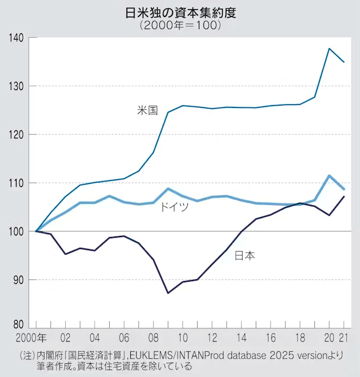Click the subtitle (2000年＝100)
point(180,26)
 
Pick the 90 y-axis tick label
point(18,280)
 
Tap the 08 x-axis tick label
point(153,338)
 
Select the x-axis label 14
point(241,338)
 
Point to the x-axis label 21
point(345,338)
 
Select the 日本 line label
point(245,255)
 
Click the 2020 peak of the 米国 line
point(330,49)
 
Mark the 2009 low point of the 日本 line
point(168,293)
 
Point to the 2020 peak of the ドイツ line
point(330,175)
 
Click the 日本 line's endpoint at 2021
point(344,196)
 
